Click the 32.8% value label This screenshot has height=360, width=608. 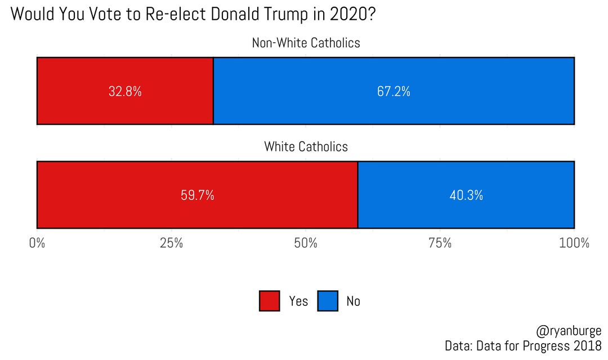[125, 92]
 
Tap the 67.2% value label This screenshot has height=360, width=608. [394, 92]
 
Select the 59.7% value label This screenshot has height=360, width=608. [197, 196]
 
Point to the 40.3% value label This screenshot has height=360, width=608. [466, 196]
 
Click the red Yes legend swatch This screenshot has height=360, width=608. [269, 301]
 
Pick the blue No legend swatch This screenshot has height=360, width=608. [328, 301]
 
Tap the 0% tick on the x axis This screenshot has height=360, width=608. [37, 243]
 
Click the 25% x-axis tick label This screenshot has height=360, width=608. [171, 243]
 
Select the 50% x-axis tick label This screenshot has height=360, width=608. [306, 243]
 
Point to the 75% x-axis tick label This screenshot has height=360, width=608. [440, 243]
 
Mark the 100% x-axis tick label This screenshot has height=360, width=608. [574, 243]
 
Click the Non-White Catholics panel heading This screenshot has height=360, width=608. [306, 43]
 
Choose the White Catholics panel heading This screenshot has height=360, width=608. [306, 147]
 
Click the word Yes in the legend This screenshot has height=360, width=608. [298, 301]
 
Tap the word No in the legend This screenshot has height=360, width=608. [353, 301]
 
